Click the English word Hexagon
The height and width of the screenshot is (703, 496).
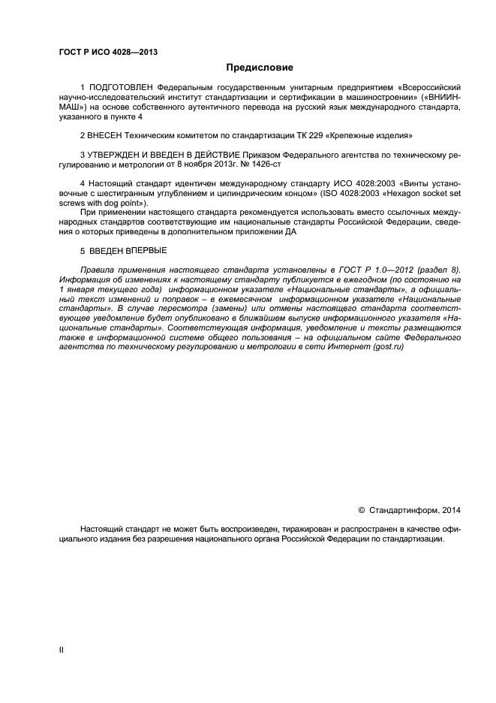(x=391, y=195)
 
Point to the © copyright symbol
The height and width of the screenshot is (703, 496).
(x=362, y=511)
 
